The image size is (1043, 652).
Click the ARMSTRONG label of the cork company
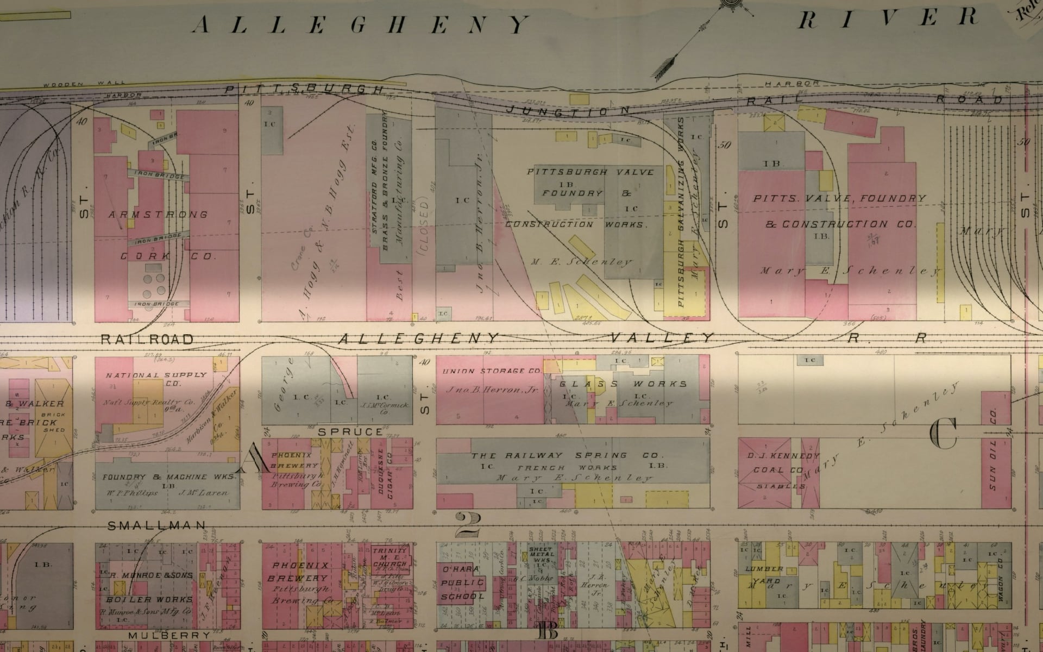158,215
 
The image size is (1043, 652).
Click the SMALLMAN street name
157,525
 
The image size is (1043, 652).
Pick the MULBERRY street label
169,635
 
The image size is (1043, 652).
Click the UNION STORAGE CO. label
492,371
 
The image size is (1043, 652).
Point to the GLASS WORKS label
624,384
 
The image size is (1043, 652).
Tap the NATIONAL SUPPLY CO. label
156,379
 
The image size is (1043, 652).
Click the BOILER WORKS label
149,599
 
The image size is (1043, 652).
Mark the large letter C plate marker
944,435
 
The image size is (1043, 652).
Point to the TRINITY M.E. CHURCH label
389,557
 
